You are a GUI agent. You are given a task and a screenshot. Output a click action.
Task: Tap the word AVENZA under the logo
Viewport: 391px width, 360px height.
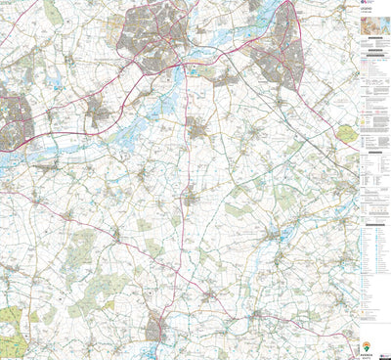[367, 353]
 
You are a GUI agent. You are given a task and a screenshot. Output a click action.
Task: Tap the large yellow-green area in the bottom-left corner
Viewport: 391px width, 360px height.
[9, 323]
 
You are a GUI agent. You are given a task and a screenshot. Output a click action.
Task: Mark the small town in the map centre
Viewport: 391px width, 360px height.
[198, 129]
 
